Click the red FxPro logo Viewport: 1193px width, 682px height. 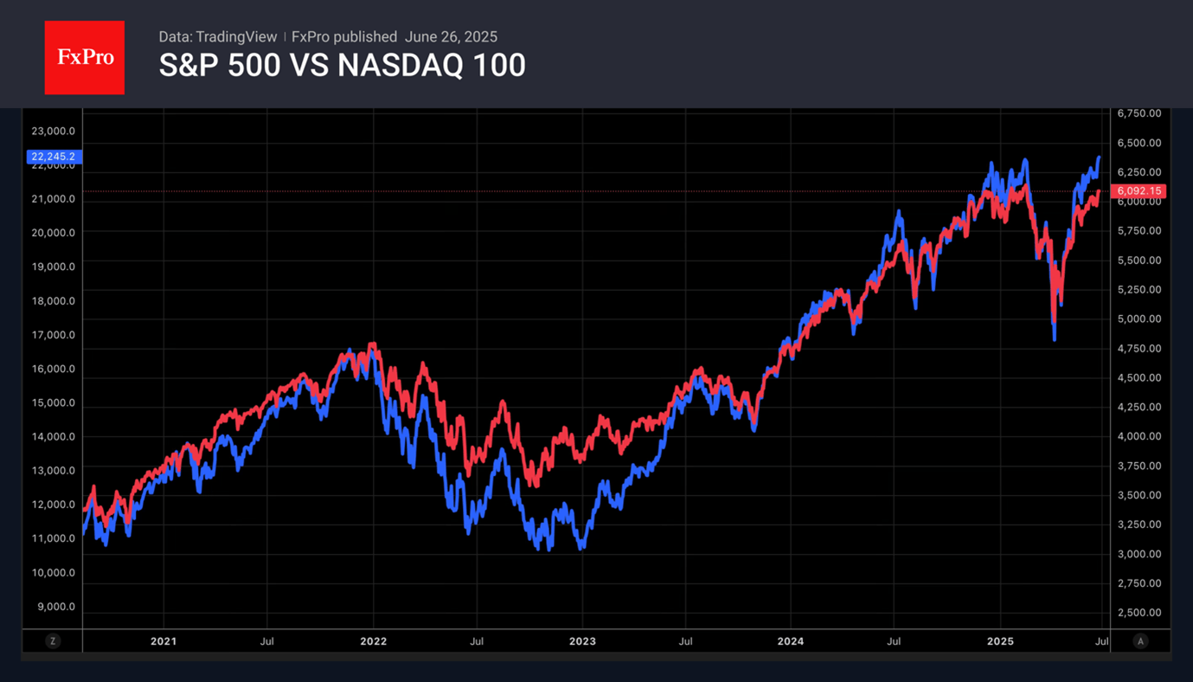click(x=85, y=58)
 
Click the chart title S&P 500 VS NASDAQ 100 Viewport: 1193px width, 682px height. click(x=342, y=66)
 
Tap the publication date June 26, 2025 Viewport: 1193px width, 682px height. click(x=451, y=36)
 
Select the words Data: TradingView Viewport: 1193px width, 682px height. click(x=218, y=36)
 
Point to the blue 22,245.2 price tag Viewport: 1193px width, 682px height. click(x=53, y=157)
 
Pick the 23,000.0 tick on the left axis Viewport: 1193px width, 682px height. click(x=53, y=132)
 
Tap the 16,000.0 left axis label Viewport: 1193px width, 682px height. click(x=53, y=369)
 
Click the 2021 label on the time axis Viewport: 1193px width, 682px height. click(x=163, y=641)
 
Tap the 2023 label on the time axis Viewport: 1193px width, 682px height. click(x=582, y=641)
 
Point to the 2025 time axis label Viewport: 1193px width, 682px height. click(x=1000, y=641)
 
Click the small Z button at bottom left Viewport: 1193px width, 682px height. click(x=53, y=641)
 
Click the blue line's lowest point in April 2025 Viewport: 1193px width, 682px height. click(x=1054, y=339)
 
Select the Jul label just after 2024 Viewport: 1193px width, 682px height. click(x=895, y=641)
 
